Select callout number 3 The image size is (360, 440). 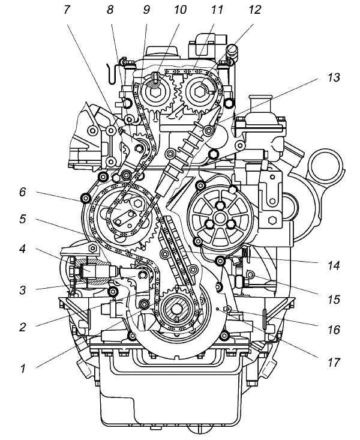pos(23,291)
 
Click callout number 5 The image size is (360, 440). pos(23,220)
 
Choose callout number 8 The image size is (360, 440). pos(110,10)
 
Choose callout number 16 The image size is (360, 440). pos(334,330)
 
